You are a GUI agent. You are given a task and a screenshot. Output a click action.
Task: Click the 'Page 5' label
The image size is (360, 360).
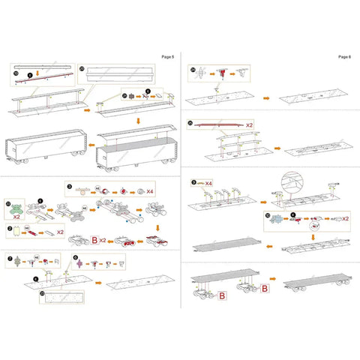(x=167, y=55)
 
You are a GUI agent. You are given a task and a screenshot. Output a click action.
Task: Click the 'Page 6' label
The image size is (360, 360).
(x=344, y=55)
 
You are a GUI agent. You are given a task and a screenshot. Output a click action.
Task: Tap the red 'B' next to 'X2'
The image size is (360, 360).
(x=95, y=241)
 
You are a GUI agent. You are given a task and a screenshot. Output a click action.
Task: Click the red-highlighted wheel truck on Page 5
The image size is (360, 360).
(x=129, y=243)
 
